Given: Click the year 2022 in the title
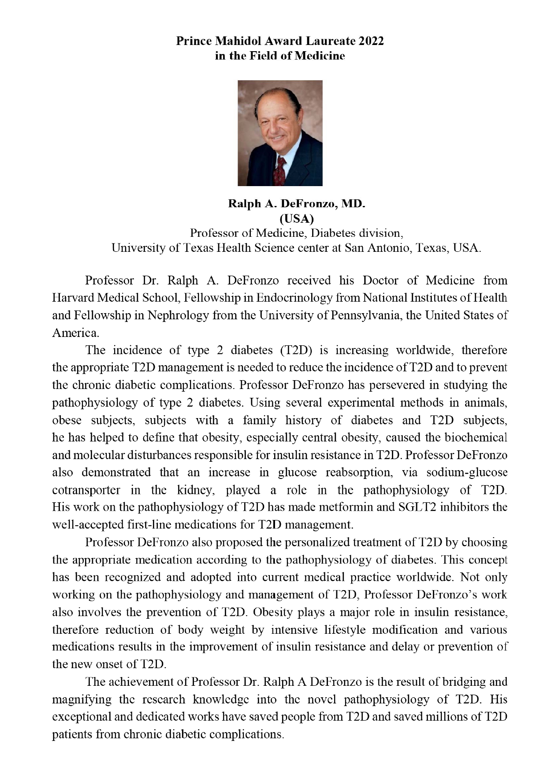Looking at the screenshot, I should [372, 41].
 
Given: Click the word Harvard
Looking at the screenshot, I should [73, 298].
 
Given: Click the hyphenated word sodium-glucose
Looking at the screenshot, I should [467, 472].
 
